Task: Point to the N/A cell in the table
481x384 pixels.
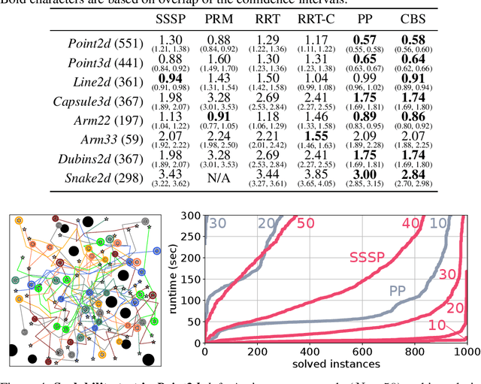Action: coord(219,178)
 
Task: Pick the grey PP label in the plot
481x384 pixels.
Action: coord(403,289)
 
